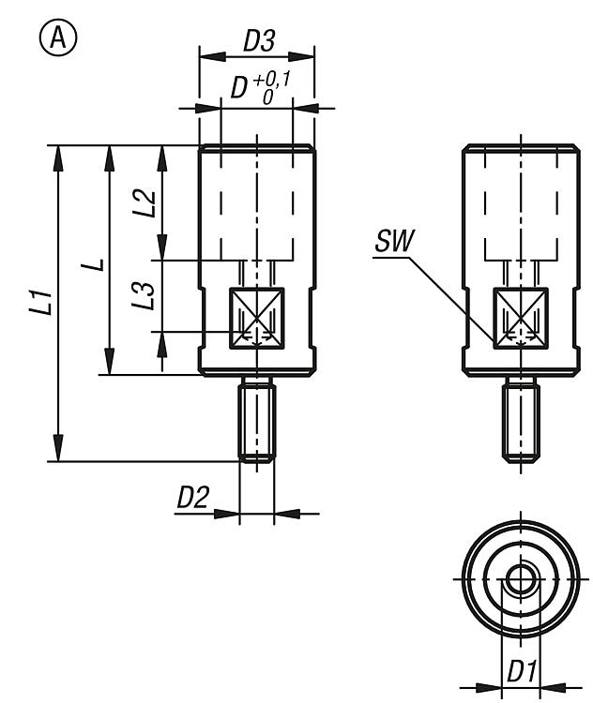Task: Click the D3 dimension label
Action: [257, 42]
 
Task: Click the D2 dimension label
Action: [192, 499]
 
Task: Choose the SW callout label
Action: [391, 242]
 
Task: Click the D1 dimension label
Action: [521, 672]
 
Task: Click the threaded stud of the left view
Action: [256, 420]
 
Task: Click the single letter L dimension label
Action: [94, 269]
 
